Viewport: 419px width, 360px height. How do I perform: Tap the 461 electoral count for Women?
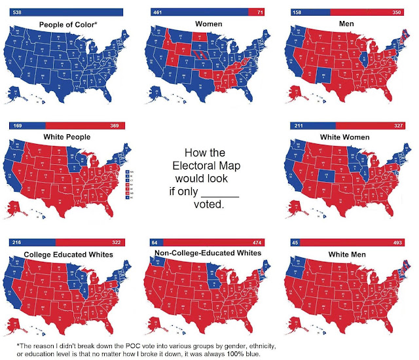point(157,12)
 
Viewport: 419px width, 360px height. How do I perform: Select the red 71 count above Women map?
point(260,12)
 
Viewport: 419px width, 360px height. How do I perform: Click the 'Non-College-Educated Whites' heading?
point(206,253)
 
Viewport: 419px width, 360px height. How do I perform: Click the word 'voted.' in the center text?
point(209,205)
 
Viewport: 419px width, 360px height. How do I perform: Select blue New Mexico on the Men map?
point(320,77)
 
